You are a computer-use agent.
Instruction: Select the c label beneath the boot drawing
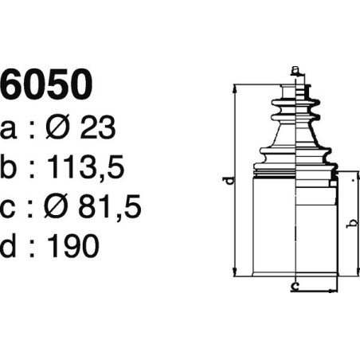(295, 284)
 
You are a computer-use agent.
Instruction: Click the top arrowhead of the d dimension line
(236, 88)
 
